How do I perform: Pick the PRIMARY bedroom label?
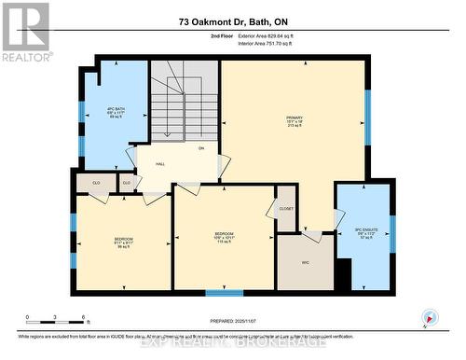click(295, 122)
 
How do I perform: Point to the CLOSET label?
click(285, 208)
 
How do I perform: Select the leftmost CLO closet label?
click(95, 182)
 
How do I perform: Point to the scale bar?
click(56, 322)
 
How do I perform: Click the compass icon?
click(429, 316)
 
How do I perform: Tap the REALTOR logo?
click(25, 32)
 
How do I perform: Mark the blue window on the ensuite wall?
click(392, 233)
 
